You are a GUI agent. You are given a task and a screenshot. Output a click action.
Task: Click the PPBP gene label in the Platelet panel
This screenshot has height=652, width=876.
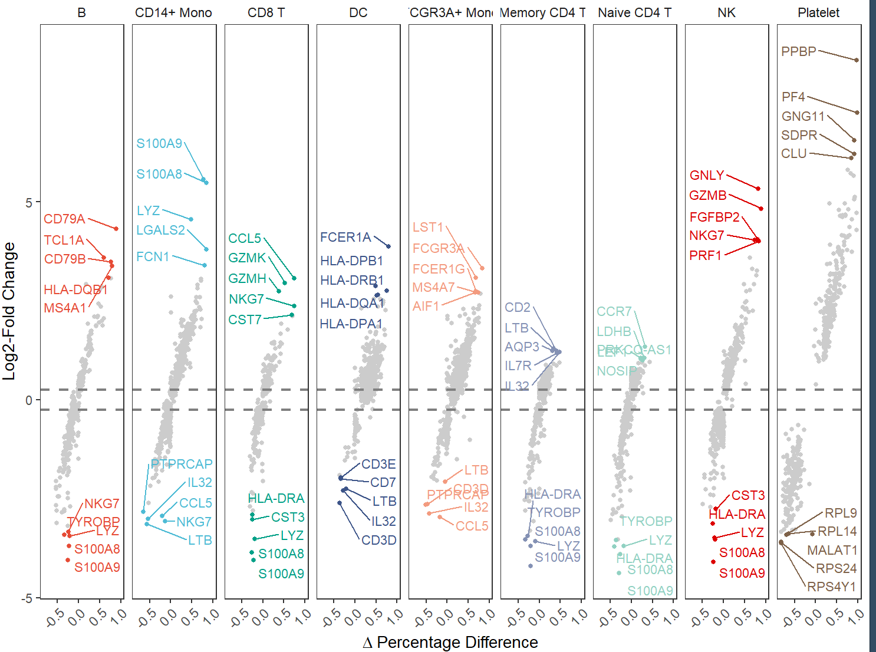[798, 52]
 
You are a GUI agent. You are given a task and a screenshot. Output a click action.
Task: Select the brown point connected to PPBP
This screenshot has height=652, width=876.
[857, 60]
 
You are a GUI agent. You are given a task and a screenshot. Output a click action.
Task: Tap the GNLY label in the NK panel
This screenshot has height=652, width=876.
[706, 176]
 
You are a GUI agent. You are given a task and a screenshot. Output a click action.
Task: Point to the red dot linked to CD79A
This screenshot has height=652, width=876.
[116, 229]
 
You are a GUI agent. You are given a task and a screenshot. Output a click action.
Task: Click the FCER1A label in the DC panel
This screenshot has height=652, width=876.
[345, 238]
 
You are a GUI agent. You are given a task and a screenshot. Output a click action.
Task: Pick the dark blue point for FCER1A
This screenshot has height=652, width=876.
[388, 246]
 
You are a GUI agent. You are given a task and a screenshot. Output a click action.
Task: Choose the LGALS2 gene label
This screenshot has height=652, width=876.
[160, 230]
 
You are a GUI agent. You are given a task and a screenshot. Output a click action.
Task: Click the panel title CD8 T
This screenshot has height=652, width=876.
[266, 13]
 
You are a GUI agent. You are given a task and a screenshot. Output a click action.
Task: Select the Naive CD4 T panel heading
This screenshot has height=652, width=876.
[634, 13]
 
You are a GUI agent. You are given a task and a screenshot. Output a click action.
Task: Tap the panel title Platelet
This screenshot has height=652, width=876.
[818, 13]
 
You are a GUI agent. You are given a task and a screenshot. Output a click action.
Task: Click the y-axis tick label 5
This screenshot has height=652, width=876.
[29, 203]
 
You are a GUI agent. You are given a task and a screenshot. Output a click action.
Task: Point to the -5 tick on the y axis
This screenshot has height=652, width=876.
[27, 599]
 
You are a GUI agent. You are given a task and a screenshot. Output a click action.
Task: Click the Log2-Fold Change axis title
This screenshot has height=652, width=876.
[9, 311]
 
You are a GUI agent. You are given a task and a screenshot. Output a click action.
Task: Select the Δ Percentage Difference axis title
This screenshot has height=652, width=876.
[450, 643]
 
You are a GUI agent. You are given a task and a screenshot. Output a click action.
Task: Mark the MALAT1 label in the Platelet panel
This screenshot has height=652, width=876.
[832, 551]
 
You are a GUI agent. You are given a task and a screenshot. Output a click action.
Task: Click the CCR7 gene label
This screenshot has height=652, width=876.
[614, 312]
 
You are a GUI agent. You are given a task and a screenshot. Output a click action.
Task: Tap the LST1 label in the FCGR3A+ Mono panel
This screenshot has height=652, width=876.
[427, 228]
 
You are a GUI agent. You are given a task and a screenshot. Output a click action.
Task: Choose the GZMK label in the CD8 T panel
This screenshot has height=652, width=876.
[247, 258]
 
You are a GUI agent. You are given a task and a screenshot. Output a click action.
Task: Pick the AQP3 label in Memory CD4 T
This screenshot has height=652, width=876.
[522, 347]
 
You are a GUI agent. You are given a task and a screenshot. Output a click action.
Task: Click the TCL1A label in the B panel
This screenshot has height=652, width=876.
[64, 241]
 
